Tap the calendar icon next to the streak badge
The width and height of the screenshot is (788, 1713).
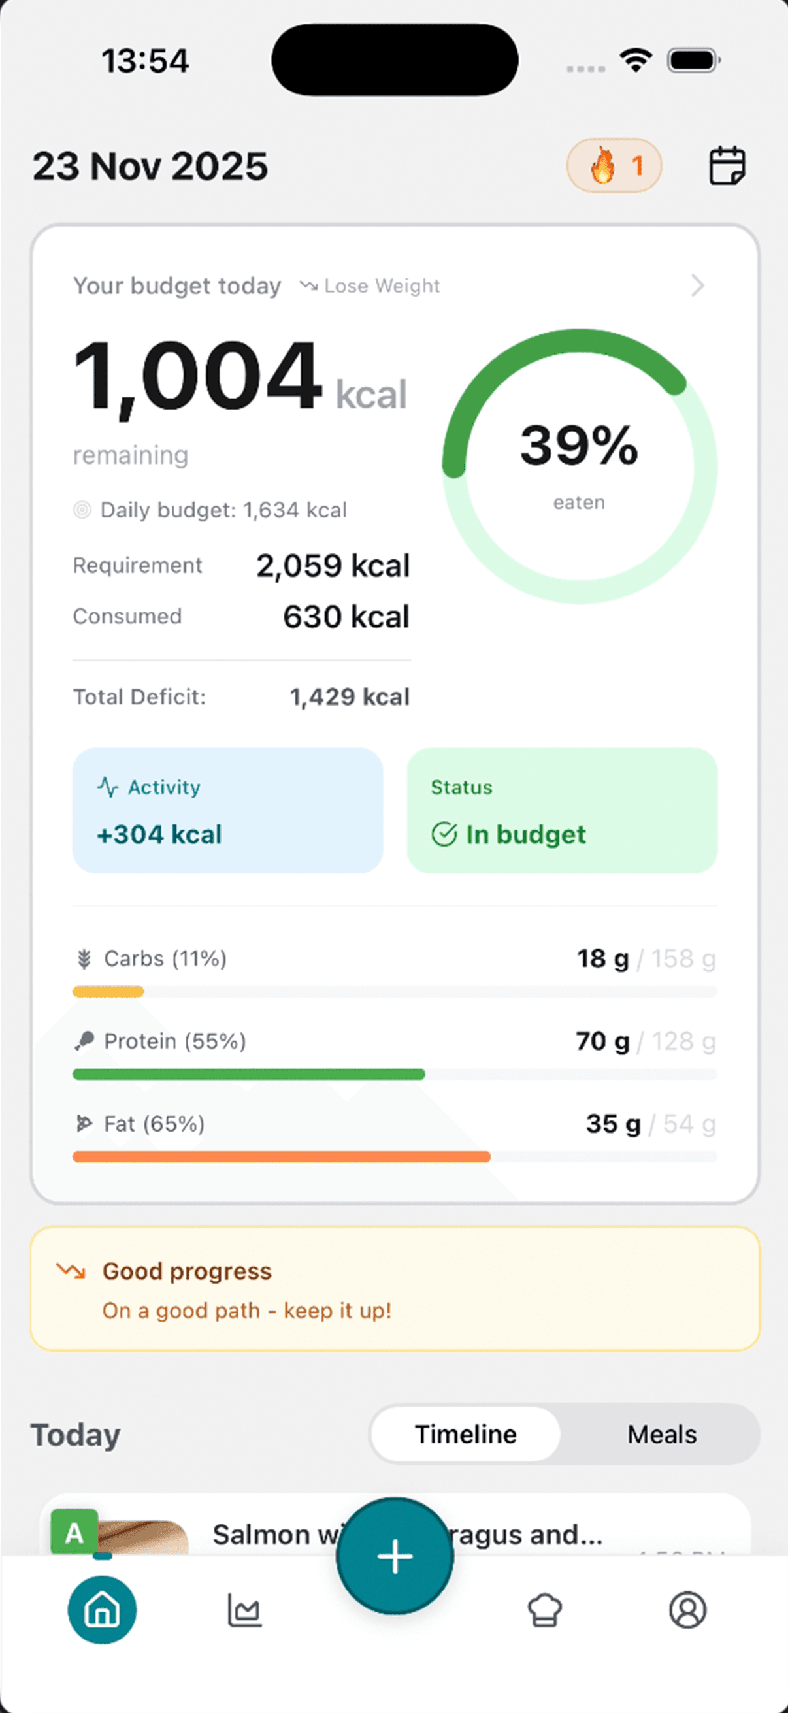click(x=727, y=165)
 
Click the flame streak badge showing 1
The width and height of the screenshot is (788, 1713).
click(x=614, y=165)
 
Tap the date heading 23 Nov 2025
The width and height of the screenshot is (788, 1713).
click(x=150, y=166)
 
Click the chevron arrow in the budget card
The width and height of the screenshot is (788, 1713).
click(x=697, y=285)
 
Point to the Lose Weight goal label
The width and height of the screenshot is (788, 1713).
click(x=381, y=286)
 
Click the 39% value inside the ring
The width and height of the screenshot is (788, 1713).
click(x=578, y=446)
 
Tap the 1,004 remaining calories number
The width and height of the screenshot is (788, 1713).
click(x=197, y=376)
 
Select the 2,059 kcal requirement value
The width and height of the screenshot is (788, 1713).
click(x=333, y=566)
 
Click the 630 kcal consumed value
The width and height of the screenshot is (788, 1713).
click(x=346, y=617)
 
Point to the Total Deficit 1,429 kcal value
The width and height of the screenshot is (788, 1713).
click(x=349, y=697)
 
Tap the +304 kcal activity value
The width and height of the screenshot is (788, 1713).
click(x=159, y=834)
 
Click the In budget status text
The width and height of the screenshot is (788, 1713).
click(x=525, y=834)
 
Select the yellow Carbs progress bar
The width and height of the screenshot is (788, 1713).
click(x=108, y=992)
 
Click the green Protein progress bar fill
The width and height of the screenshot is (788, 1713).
click(x=248, y=1074)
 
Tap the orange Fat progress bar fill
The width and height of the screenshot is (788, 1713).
click(x=281, y=1157)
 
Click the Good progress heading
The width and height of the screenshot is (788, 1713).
click(x=187, y=1271)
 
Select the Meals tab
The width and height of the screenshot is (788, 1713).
click(x=662, y=1435)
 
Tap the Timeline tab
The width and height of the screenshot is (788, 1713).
click(x=465, y=1435)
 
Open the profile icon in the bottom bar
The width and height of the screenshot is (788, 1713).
click(x=687, y=1610)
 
